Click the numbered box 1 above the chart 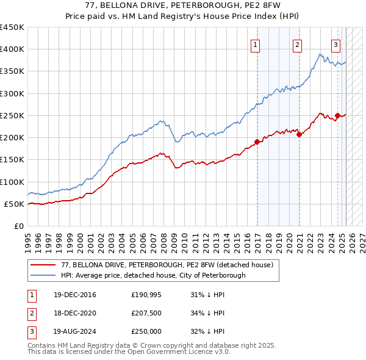pos(254,44)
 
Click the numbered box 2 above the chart pos(297,44)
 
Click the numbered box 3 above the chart pos(335,44)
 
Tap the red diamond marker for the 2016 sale pos(257,142)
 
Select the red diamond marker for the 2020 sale pos(300,135)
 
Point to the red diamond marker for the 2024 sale pos(337,115)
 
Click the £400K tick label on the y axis pos(12,49)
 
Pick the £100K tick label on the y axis pos(12,182)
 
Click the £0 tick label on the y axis pos(18,226)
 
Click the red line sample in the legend pos(43,265)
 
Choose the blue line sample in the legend pos(43,275)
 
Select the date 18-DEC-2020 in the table pos(74,313)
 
